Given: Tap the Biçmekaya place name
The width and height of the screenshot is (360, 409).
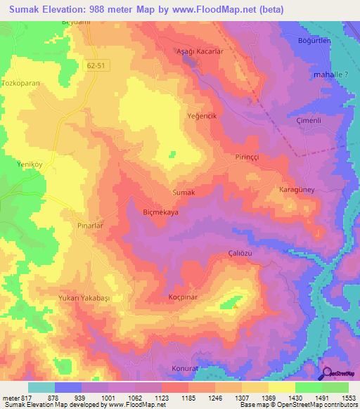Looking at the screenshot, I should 161,212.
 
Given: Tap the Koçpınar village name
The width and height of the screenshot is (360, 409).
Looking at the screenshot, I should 186,297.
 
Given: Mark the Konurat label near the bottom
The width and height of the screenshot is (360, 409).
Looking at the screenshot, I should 186,368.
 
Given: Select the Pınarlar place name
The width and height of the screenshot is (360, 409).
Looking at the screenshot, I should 90,226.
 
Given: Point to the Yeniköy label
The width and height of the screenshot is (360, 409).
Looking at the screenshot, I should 30,164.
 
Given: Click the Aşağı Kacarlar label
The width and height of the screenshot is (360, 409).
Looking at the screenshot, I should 199,52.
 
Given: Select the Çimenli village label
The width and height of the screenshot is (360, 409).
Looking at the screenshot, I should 309,120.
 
